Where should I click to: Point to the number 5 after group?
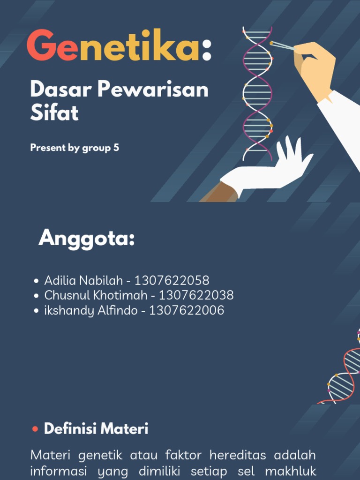[x=116, y=148]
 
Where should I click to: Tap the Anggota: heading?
[x=87, y=239]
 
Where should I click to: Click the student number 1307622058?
[x=172, y=281]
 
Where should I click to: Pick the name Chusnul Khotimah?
[x=96, y=295]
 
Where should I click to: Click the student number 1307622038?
[x=196, y=295]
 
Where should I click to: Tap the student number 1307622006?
[x=187, y=310]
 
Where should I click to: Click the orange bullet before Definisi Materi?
[x=35, y=429]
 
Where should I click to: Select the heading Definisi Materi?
[x=96, y=428]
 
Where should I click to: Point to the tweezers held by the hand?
[x=283, y=45]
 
